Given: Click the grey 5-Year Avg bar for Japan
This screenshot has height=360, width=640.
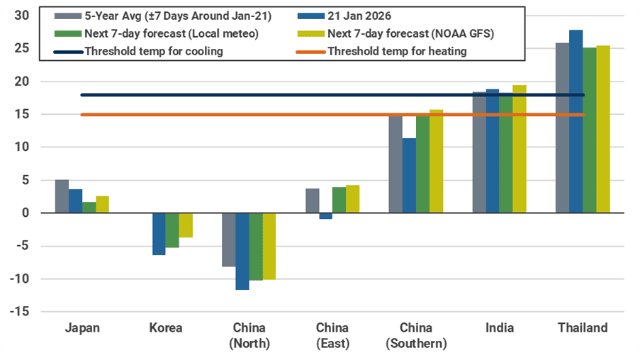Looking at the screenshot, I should coord(62,196).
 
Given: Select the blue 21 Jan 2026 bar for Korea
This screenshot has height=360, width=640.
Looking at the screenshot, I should coord(159,234).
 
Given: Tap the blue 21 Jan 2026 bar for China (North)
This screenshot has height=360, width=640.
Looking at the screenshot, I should coord(242,251).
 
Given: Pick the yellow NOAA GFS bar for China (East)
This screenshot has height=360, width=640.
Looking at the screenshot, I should coord(352,199).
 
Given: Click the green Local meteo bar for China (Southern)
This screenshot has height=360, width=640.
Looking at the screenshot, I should coord(422,163).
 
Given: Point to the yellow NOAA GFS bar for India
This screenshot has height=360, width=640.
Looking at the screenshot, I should coord(520,149).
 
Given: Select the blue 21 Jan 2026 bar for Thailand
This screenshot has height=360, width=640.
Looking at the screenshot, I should coord(576,121).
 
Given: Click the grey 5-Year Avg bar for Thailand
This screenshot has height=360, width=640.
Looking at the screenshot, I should coord(562,128).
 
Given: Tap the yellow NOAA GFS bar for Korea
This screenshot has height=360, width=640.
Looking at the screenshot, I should coord(186,225).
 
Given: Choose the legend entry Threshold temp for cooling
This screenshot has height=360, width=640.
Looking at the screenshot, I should coord(153,51).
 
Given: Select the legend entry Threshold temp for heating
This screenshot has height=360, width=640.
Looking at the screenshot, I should coord(396,51).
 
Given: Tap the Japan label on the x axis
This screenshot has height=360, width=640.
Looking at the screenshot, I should coord(82,328).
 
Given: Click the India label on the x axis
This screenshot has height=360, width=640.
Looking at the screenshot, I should coord(500,328).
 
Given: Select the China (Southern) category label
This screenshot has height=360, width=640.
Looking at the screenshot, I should coord(416,336).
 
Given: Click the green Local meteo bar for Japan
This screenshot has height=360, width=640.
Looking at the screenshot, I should coord(89,207).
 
